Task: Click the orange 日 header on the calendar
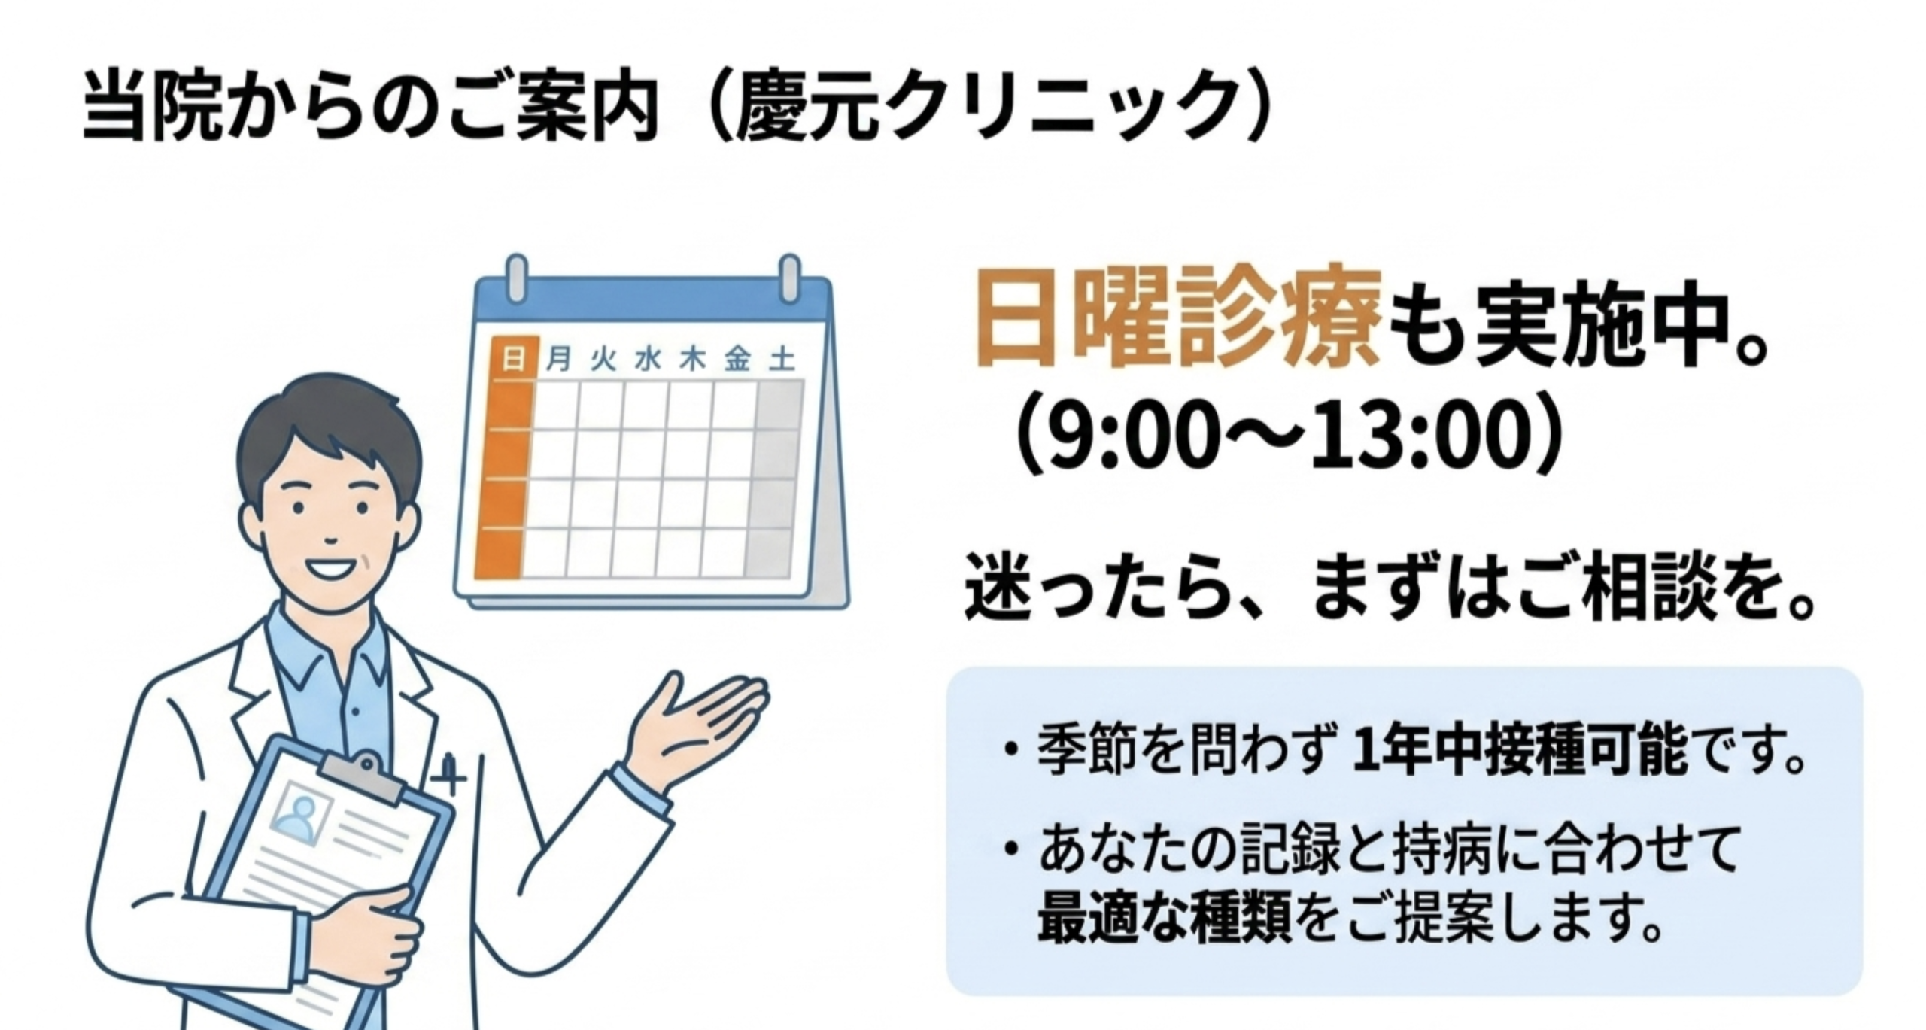[x=513, y=359]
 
